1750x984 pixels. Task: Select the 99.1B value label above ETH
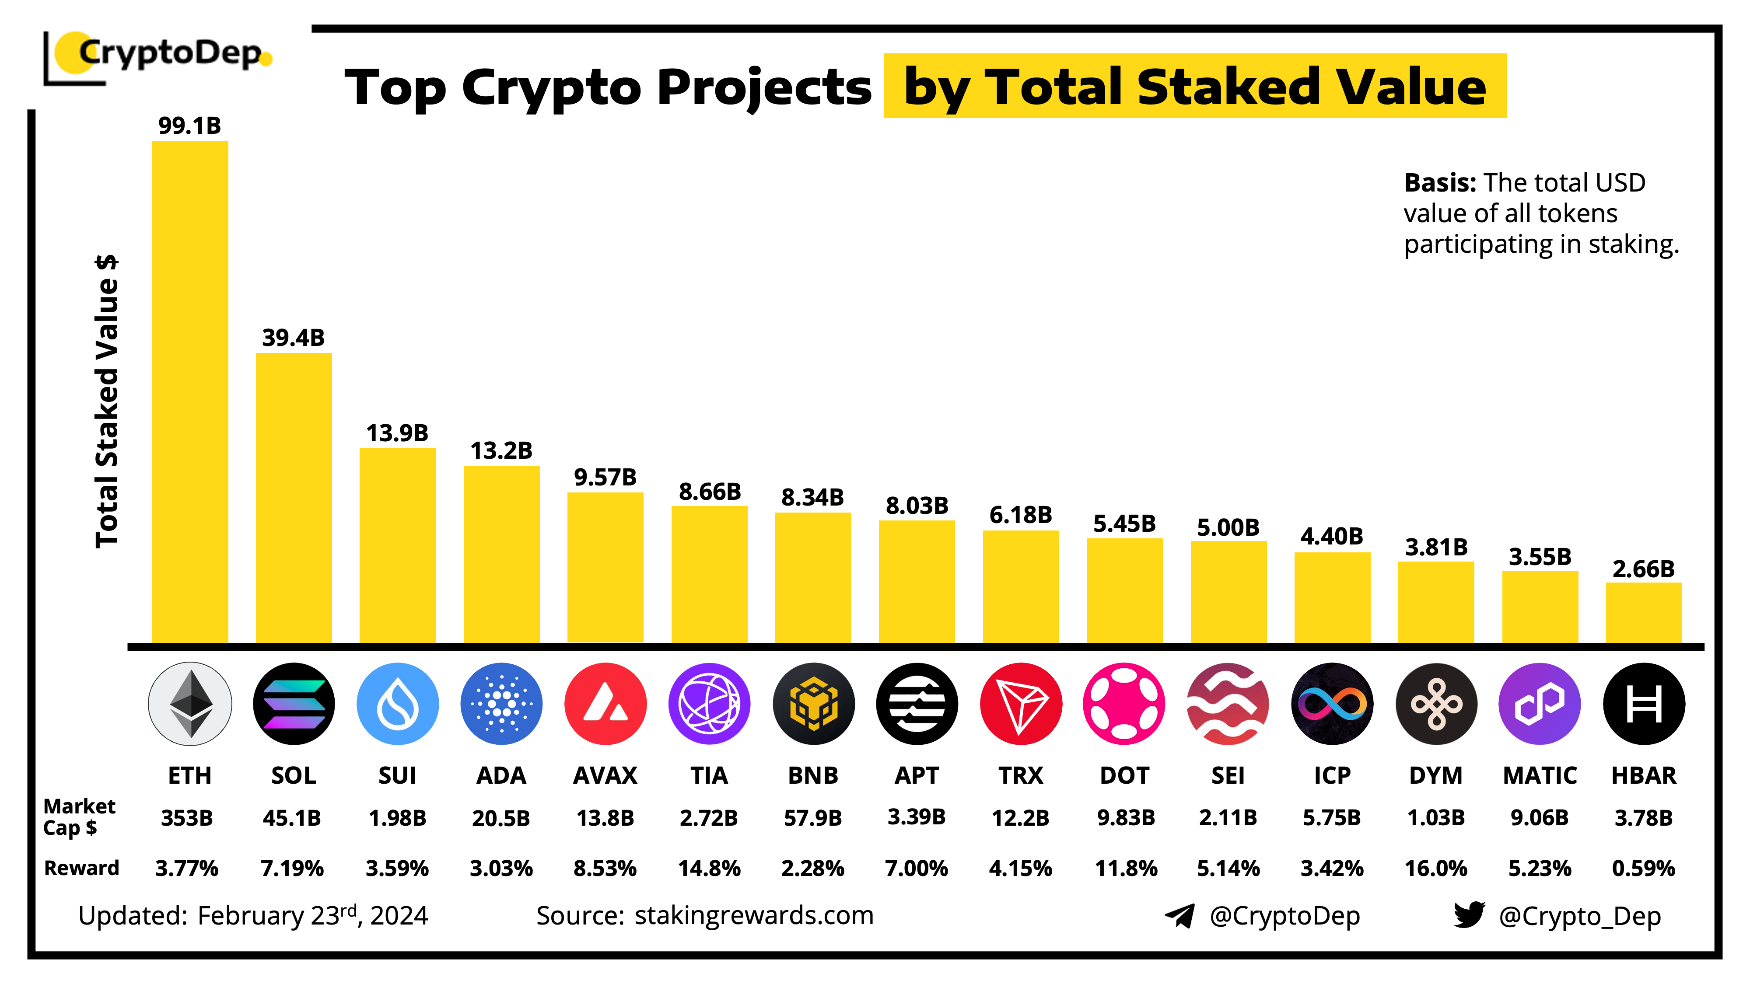pos(189,126)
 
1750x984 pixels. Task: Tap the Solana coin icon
pos(294,704)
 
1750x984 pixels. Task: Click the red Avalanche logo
pos(605,704)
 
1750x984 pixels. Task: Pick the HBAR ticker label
pos(1643,775)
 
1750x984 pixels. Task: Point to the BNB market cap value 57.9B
pos(812,818)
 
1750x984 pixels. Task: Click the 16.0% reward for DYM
pos(1435,868)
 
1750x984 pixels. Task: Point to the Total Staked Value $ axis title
pos(107,401)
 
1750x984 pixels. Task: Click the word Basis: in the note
pos(1439,183)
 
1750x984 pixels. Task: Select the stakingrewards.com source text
pos(754,915)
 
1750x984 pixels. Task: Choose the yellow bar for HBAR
pos(1643,612)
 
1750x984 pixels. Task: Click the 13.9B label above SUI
pos(397,433)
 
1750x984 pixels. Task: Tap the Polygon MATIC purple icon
pos(1540,704)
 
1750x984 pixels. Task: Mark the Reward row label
pos(81,868)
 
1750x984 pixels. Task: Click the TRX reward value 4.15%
pos(1020,868)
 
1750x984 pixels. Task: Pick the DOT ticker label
pos(1124,775)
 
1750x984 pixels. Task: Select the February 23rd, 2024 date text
pos(312,915)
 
